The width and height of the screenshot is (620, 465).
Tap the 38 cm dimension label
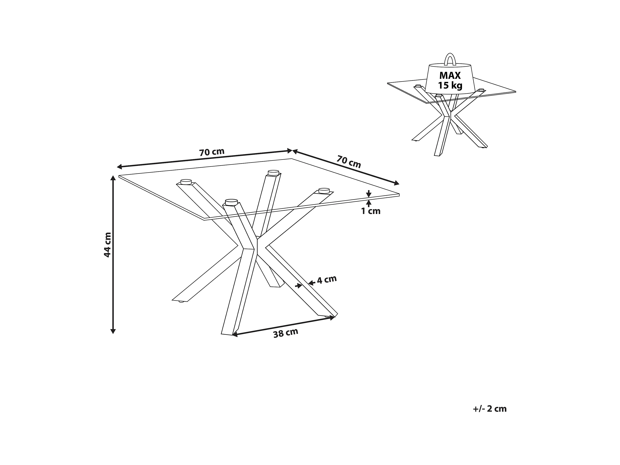(286, 333)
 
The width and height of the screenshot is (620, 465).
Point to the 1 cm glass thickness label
(370, 211)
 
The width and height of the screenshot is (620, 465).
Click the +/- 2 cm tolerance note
(490, 409)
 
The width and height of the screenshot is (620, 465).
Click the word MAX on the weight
(450, 75)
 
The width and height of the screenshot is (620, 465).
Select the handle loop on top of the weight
(450, 59)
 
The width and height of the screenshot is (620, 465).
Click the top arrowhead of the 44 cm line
(113, 178)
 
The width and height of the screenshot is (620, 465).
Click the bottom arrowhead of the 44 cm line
(113, 331)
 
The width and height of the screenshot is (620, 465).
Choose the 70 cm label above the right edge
(349, 162)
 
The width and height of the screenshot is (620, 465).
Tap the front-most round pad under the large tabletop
(231, 202)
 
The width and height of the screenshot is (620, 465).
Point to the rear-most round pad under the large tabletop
(273, 172)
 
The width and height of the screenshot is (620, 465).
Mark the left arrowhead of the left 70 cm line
(119, 167)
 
